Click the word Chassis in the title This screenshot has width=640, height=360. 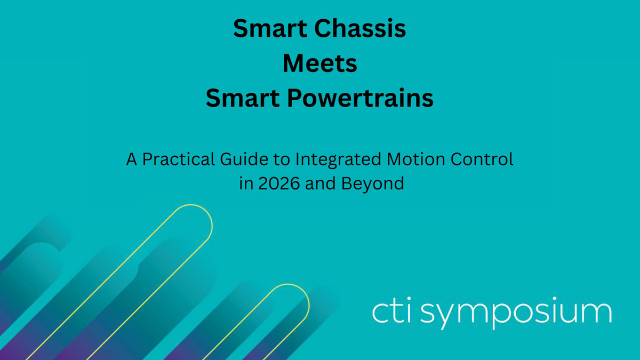(x=360, y=28)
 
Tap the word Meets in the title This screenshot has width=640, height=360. (x=319, y=63)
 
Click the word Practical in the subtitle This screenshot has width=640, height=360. (x=178, y=159)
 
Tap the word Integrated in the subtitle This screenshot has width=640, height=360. (x=338, y=159)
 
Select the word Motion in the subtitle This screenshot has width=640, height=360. (x=416, y=159)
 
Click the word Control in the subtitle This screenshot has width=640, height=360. (x=482, y=159)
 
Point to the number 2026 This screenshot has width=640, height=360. (x=279, y=183)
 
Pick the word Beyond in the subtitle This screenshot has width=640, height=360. (x=373, y=183)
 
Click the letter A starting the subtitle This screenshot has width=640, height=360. (x=131, y=159)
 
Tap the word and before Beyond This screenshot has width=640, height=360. (x=321, y=183)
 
